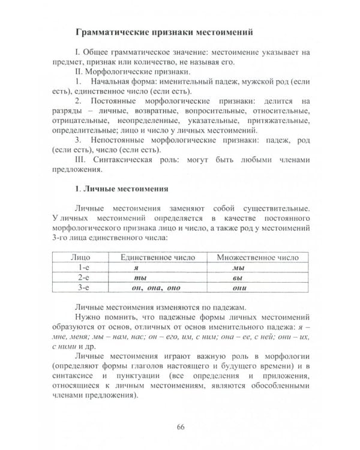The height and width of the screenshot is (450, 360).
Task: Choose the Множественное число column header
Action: coord(257,257)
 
